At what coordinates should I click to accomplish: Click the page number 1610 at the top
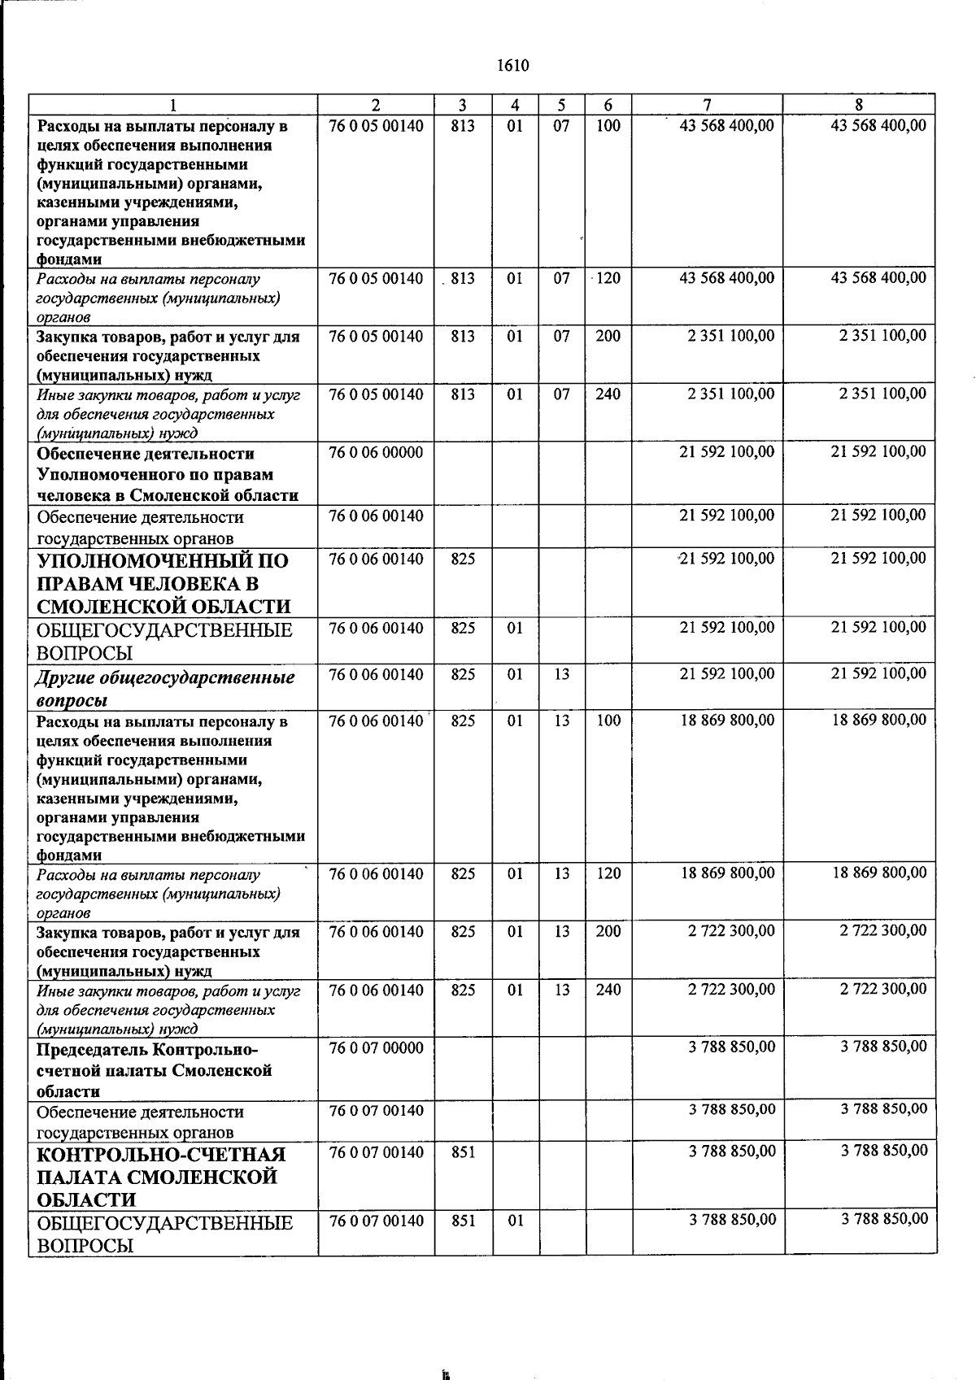point(512,65)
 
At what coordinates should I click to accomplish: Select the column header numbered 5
point(561,105)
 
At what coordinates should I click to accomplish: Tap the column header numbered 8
point(859,105)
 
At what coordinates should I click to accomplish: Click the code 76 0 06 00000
point(376,453)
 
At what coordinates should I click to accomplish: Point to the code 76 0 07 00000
point(376,1048)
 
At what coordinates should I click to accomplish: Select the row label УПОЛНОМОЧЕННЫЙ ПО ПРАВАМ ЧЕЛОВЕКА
point(163,583)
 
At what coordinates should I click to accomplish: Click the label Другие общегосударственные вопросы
point(165,688)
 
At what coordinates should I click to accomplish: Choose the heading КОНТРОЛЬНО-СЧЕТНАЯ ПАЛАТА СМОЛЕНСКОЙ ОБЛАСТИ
point(161,1177)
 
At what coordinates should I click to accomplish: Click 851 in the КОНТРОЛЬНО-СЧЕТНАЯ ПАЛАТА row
point(463,1152)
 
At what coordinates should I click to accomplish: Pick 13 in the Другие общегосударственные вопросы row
point(562,675)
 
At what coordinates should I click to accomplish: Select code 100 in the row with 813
point(608,126)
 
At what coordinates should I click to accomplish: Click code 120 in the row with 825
point(608,874)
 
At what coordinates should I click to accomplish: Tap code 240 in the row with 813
point(608,394)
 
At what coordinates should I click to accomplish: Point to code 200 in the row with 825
point(608,932)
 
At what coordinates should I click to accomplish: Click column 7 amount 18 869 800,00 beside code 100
point(727,720)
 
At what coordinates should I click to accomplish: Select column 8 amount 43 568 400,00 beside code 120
point(878,278)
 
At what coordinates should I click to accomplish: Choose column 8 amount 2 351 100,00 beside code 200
point(882,336)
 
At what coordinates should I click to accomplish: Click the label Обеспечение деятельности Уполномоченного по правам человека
point(167,474)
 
